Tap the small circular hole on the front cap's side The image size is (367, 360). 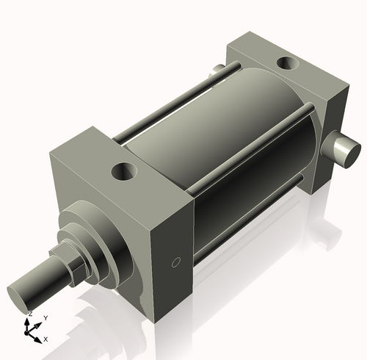click(175, 262)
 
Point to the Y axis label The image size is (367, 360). click(46, 317)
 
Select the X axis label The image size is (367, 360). click(46, 339)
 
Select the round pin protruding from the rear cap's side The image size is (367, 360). click(346, 149)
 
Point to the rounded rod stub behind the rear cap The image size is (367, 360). click(215, 71)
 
